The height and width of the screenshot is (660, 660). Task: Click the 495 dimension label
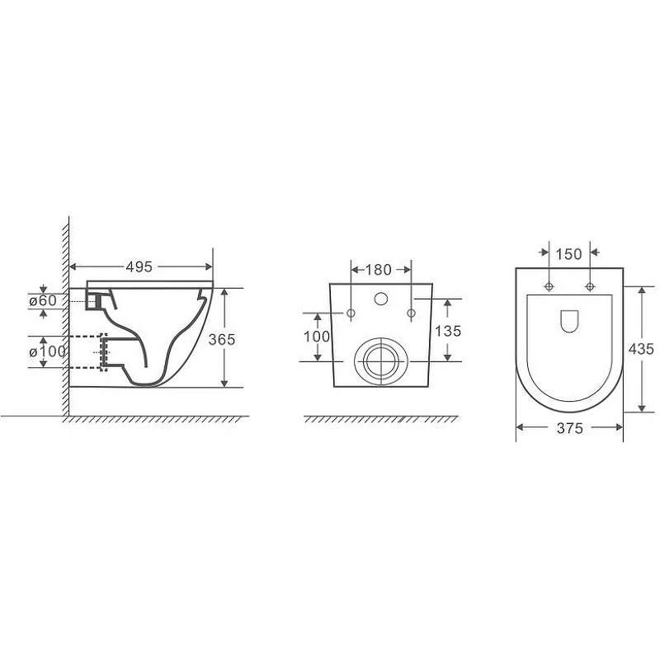click(139, 266)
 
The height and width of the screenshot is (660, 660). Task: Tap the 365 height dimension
click(222, 339)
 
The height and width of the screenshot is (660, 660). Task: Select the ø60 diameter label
click(43, 300)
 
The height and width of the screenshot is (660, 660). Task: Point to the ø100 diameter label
click(47, 351)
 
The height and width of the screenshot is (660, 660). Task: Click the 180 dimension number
click(379, 270)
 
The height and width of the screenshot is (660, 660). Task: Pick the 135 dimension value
click(448, 331)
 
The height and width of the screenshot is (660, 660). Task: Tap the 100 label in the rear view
click(317, 337)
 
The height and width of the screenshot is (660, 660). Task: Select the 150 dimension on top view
click(568, 254)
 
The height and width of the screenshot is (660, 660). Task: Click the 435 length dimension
click(641, 348)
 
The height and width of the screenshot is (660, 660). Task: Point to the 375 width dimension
click(570, 428)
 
